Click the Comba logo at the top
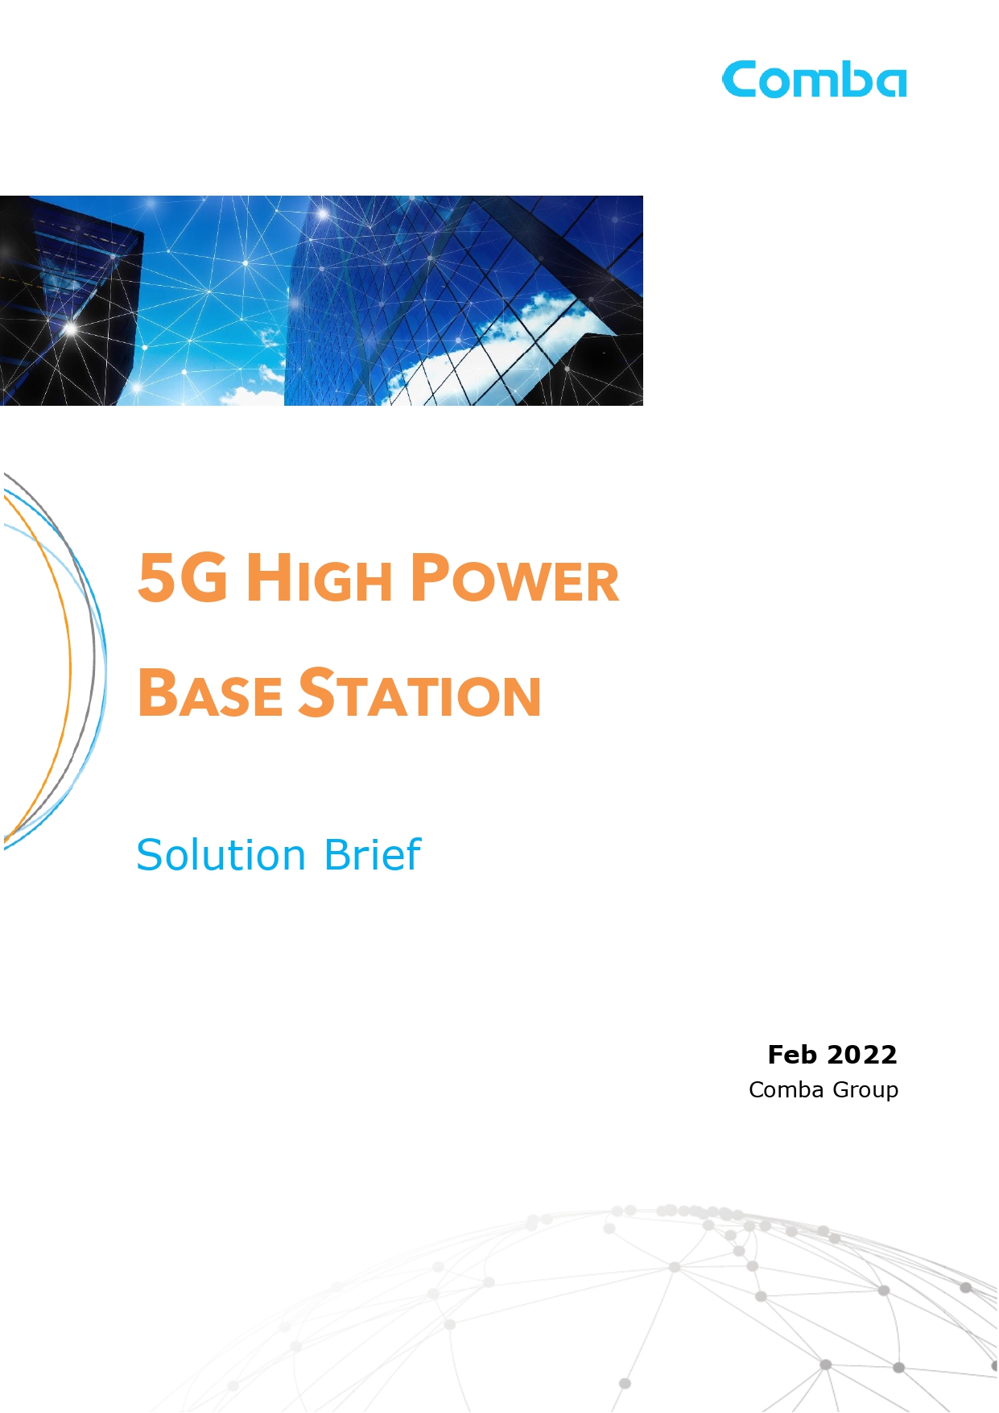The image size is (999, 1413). point(815,80)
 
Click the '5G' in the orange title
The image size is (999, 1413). point(183,577)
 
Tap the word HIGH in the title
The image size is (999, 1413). point(320,577)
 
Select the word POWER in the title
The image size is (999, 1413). point(515,577)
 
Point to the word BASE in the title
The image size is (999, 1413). point(210,692)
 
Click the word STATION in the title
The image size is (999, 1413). point(420,692)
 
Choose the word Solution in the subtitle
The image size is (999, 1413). point(221,854)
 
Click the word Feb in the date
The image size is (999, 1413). point(792,1055)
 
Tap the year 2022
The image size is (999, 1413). point(862,1055)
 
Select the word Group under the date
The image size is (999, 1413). point(865,1091)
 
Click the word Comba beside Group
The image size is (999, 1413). point(786,1089)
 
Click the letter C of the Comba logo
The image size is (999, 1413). point(739,80)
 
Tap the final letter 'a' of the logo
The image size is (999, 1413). point(890,84)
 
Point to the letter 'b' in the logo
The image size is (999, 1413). point(852,80)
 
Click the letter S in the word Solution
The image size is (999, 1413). point(150,854)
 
